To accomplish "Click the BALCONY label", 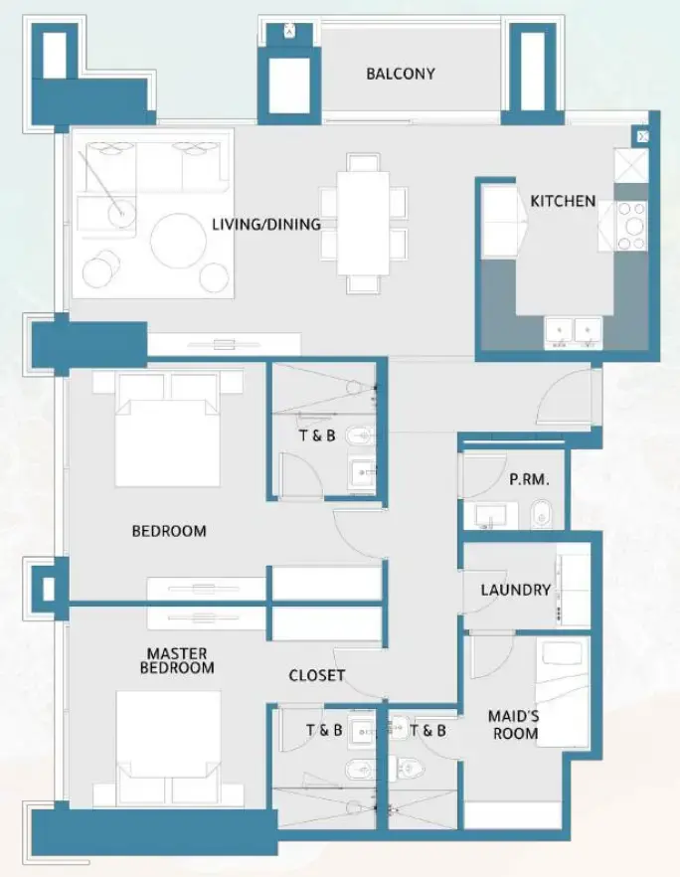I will (x=400, y=74).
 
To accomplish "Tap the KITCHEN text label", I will (x=563, y=201).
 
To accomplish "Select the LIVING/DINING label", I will (x=265, y=224).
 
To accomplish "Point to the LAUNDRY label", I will (x=515, y=590).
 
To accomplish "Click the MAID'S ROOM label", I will (x=513, y=724).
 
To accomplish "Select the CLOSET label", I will (x=317, y=675).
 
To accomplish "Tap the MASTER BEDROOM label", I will (x=177, y=660).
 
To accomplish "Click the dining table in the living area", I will (x=363, y=224).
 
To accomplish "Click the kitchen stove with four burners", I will (x=631, y=226).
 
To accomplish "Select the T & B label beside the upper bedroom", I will (x=317, y=435).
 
